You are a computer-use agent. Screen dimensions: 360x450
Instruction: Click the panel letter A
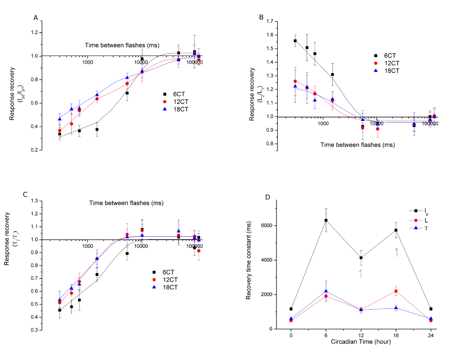coord(36,18)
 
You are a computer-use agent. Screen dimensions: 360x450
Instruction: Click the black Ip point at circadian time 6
coord(326,220)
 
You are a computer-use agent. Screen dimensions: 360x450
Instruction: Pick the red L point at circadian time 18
coord(396,291)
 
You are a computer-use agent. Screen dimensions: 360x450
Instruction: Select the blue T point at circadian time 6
coord(326,291)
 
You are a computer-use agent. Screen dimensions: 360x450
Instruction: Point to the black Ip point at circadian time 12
coord(361,258)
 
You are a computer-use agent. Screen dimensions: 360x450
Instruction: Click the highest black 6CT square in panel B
coord(295,41)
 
